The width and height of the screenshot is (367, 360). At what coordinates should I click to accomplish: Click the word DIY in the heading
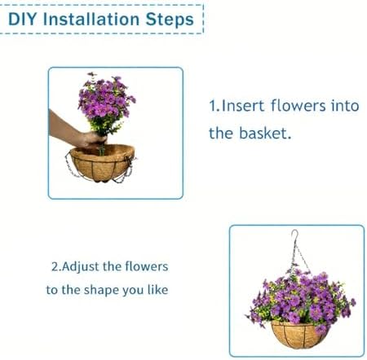22,20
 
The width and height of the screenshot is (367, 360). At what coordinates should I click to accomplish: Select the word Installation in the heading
91,20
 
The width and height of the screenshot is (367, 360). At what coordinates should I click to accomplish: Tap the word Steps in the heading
170,20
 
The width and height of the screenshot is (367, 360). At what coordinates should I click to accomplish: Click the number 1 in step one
212,106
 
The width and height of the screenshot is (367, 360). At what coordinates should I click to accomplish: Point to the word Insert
242,106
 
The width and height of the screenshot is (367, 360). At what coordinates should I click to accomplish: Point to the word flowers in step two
147,266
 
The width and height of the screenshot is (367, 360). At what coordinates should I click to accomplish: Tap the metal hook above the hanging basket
294,235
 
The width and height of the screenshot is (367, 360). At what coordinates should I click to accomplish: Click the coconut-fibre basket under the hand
102,163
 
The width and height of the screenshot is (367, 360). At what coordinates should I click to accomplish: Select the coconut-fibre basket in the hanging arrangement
298,335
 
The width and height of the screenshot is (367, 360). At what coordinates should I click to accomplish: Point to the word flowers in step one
298,105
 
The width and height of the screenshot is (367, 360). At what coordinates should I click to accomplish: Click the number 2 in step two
55,267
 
